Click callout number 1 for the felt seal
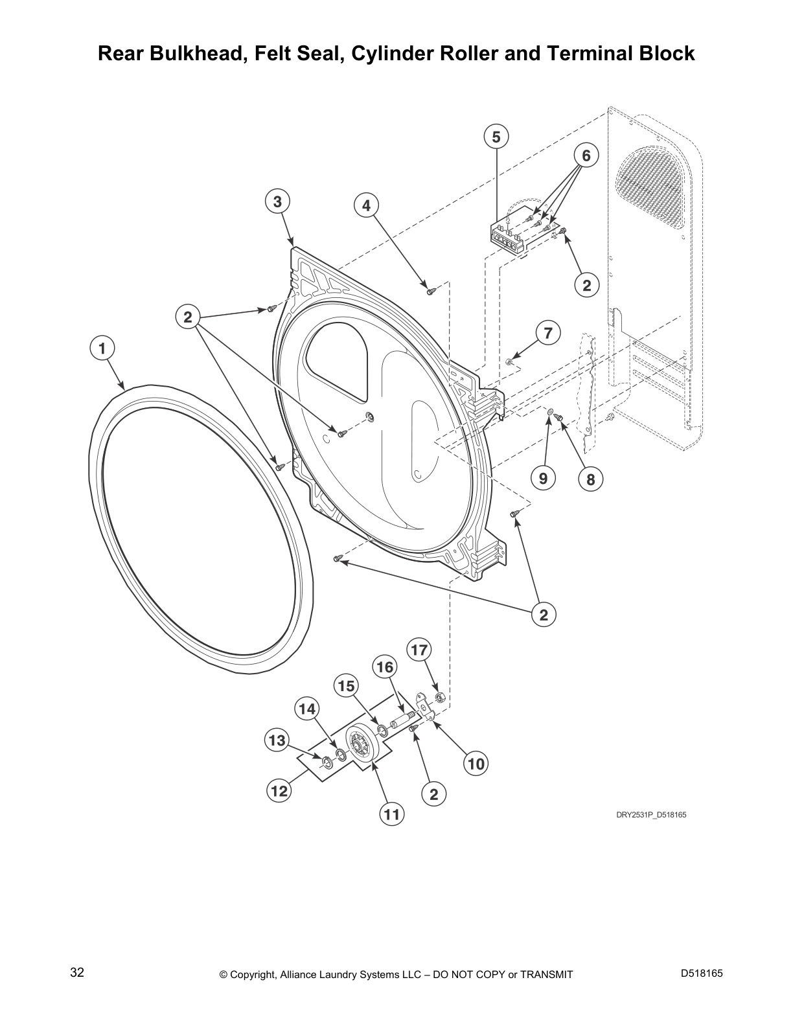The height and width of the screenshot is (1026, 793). tap(102, 348)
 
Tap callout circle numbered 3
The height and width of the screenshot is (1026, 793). tap(277, 202)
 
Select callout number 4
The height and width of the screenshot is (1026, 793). tap(366, 205)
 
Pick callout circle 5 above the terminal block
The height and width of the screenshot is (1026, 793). tap(496, 137)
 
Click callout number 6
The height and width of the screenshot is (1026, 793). tap(586, 155)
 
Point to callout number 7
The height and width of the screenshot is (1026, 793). tap(547, 333)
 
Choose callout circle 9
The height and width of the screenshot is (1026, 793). tap(543, 479)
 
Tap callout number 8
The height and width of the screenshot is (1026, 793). tap(590, 480)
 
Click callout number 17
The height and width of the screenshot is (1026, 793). tap(419, 649)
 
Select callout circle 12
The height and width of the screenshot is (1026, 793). tap(279, 790)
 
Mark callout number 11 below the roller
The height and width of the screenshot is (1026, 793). tap(391, 814)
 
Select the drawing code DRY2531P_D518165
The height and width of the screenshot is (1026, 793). tap(650, 815)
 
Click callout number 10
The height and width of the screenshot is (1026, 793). tap(476, 764)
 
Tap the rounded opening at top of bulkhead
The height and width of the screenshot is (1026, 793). tap(337, 356)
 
